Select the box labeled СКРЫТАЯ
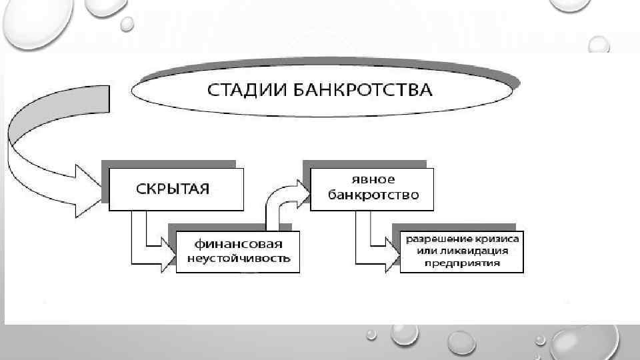[x=173, y=189]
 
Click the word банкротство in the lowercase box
[x=372, y=195]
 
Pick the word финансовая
[x=238, y=243]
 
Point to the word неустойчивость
[x=238, y=258]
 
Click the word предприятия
[x=462, y=263]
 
